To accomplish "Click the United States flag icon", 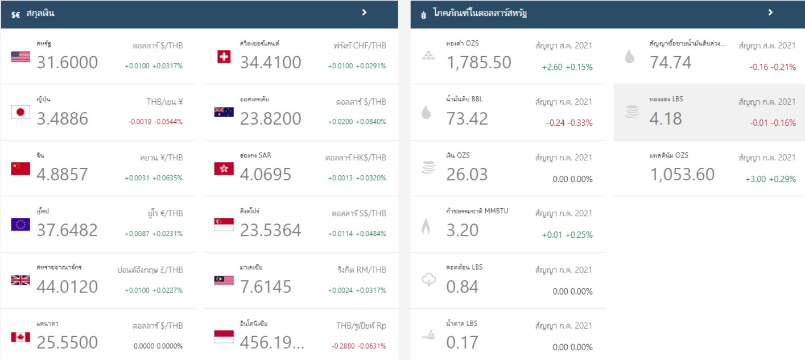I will click(x=20, y=57).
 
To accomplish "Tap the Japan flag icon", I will click(x=20, y=113).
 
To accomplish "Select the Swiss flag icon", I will click(x=224, y=57).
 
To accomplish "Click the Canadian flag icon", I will click(x=20, y=337).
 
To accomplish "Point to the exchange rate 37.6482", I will click(x=67, y=230).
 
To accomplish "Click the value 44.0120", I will click(x=67, y=287).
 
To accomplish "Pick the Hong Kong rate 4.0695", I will click(x=266, y=174).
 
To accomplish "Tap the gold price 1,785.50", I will click(x=479, y=62).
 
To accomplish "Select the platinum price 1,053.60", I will click(x=682, y=174).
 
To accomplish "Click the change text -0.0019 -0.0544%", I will click(x=155, y=122).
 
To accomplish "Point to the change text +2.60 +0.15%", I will click(x=567, y=67).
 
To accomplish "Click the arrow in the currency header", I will click(x=365, y=13).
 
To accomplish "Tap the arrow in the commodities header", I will click(x=770, y=13).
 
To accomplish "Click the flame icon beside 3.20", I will click(x=426, y=227).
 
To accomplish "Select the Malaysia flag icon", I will click(x=224, y=281).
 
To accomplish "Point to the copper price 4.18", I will click(x=666, y=118).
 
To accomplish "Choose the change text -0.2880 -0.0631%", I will click(x=358, y=346).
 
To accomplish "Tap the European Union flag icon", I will click(x=20, y=225).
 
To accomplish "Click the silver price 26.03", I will click(x=467, y=174).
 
